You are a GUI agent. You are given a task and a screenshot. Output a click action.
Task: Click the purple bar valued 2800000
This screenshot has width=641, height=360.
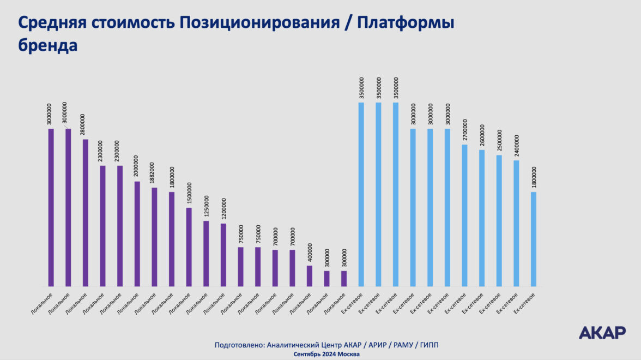[x=86, y=213]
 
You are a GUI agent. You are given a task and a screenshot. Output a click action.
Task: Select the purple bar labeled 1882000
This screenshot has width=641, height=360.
[x=154, y=237]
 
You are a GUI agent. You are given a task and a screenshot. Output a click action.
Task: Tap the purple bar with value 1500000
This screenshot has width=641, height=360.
[x=189, y=247]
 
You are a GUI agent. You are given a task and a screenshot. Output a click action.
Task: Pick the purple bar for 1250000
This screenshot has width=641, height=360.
[x=206, y=253]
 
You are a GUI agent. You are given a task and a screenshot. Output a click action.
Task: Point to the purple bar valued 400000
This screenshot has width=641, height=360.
[x=310, y=276]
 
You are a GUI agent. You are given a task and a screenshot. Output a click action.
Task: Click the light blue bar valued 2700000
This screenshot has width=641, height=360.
[x=464, y=215]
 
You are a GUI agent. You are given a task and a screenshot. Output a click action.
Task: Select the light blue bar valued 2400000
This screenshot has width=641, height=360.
[x=516, y=223]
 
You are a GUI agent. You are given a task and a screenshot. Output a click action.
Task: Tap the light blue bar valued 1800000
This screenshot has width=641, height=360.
[x=534, y=239]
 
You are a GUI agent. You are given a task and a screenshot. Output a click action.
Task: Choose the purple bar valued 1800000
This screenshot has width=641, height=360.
[x=172, y=239]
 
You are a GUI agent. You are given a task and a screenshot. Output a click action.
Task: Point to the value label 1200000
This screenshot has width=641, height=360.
[x=223, y=209]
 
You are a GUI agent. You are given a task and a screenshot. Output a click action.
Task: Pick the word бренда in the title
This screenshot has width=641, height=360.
[x=48, y=46]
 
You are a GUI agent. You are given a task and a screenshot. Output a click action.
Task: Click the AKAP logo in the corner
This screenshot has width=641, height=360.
[x=602, y=332]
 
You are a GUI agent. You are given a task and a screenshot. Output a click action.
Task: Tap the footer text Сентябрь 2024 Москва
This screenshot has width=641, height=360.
[x=326, y=354]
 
